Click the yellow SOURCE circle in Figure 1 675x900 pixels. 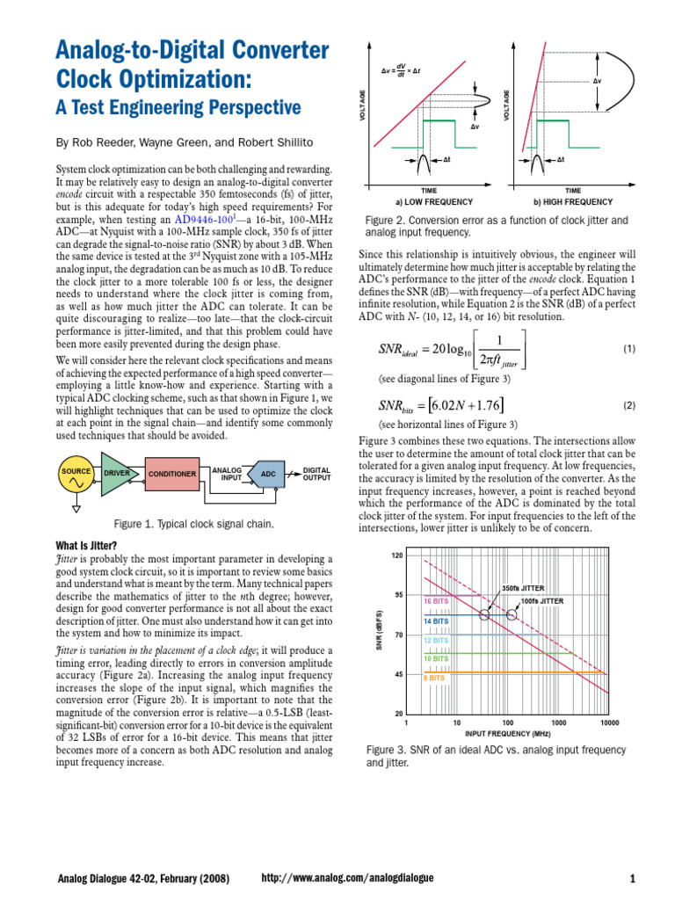click(76, 474)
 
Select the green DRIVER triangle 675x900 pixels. click(116, 474)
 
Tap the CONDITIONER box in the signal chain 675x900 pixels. click(171, 474)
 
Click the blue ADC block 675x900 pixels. click(268, 474)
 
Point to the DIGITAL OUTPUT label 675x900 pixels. click(316, 474)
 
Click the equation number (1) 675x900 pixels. click(628, 349)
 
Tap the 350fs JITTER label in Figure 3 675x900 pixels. click(522, 587)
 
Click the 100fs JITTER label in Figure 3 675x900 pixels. click(541, 600)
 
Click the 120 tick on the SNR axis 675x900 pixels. click(396, 556)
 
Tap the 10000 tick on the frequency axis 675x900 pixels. click(609, 722)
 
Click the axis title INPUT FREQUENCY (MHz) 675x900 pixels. click(508, 731)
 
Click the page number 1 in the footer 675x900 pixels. click(632, 878)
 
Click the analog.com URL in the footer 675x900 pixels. click(348, 878)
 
